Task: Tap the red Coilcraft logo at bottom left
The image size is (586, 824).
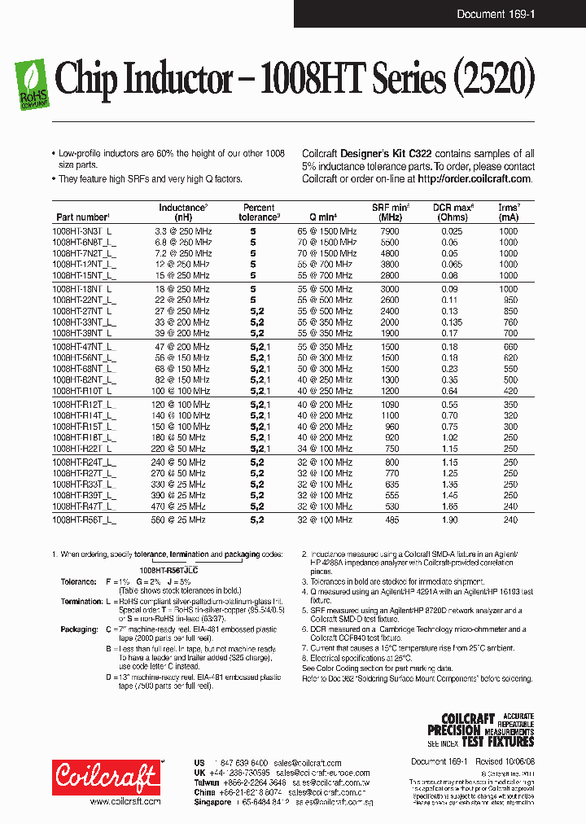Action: pos(107,777)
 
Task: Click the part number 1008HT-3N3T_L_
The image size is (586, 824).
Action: pos(84,231)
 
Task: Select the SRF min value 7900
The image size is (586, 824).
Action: pos(390,231)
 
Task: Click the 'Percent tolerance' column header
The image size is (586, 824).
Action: pos(259,213)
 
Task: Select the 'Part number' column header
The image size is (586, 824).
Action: pos(82,217)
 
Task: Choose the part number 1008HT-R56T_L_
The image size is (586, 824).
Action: pos(84,519)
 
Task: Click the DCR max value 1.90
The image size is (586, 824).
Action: pos(451,519)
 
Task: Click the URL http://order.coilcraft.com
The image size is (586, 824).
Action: pos(475,179)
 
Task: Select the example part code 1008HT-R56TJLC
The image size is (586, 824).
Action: pos(168,570)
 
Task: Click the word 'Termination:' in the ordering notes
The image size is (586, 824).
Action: pos(81,602)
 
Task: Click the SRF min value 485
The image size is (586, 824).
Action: pos(390,519)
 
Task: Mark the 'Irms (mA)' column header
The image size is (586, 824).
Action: pos(509,213)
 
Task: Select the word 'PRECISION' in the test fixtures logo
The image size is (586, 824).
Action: pos(461,730)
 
